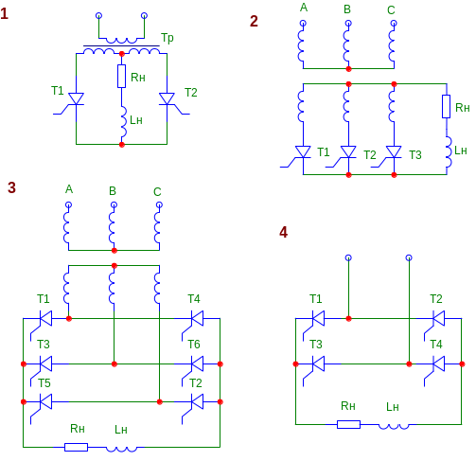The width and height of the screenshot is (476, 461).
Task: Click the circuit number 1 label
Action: coord(5,14)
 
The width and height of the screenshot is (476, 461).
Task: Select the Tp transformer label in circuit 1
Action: coord(167,38)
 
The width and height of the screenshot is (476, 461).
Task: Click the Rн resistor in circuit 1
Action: coord(122,76)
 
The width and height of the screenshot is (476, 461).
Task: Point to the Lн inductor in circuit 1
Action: coord(123,121)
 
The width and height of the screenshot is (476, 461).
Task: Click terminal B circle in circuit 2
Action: coord(348,23)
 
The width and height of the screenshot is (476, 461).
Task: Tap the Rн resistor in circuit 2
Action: coord(446,106)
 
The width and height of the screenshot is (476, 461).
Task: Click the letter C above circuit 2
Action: coord(391,10)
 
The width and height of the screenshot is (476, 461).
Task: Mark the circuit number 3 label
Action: coord(11,187)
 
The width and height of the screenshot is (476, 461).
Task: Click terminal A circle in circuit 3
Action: coord(68,205)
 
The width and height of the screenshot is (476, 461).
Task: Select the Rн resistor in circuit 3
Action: coord(76,447)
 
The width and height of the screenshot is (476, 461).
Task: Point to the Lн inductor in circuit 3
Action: coord(121,449)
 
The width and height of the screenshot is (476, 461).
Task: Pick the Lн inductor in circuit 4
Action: coord(394,426)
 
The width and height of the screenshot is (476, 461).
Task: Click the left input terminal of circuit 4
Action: coord(348,257)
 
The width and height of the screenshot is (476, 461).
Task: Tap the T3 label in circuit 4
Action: coord(316,344)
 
